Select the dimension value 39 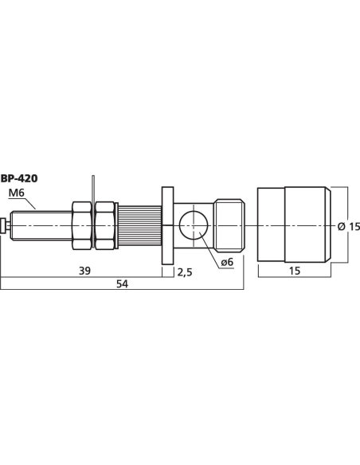pyautogui.click(x=84, y=271)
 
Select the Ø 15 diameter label pyautogui.click(x=349, y=226)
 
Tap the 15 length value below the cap pyautogui.click(x=294, y=271)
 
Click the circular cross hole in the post pyautogui.click(x=194, y=225)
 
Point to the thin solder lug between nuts pyautogui.click(x=94, y=191)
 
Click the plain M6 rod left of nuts pyautogui.click(x=40, y=225)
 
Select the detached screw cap pyautogui.click(x=294, y=225)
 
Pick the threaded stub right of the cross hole pyautogui.click(x=232, y=225)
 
